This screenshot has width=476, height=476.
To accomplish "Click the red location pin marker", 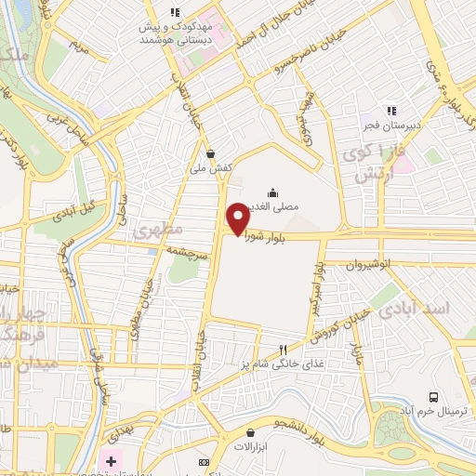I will (x=238, y=218).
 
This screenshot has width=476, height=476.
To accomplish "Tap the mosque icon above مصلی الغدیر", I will (x=272, y=192).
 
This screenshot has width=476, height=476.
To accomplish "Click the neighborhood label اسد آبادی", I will (x=441, y=306).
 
